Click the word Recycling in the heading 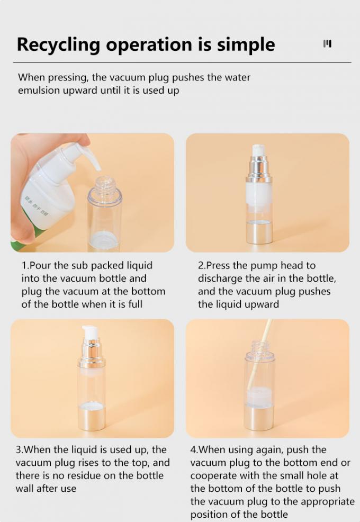pyautogui.click(x=58, y=45)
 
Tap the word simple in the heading pyautogui.click(x=246, y=45)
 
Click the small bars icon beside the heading pyautogui.click(x=327, y=43)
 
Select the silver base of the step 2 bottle pyautogui.click(x=259, y=233)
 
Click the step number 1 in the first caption pyautogui.click(x=24, y=266)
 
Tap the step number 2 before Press pyautogui.click(x=201, y=266)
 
